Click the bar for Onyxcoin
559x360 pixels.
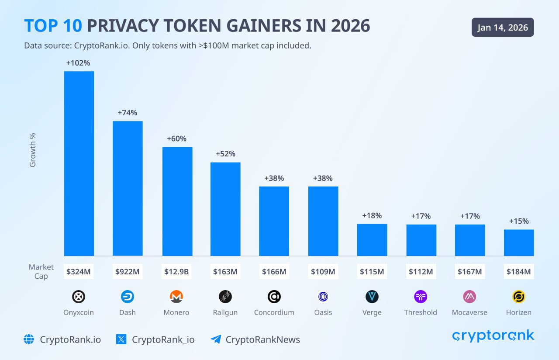pyautogui.click(x=79, y=163)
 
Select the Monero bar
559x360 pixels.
pyautogui.click(x=177, y=201)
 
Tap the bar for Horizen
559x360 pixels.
pyautogui.click(x=519, y=242)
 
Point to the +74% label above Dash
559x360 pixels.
pyautogui.click(x=128, y=113)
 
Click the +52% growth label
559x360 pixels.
pyautogui.click(x=225, y=154)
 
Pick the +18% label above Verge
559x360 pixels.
pyautogui.click(x=372, y=215)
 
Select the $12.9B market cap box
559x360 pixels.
pyautogui.click(x=176, y=272)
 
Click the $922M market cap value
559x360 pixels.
pyautogui.click(x=128, y=272)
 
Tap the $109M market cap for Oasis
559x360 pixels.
pyautogui.click(x=323, y=272)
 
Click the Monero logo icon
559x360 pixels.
pyautogui.click(x=176, y=297)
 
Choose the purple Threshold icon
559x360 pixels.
pyautogui.click(x=421, y=297)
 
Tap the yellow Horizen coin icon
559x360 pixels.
pyautogui.click(x=519, y=297)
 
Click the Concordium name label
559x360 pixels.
pyautogui.click(x=274, y=312)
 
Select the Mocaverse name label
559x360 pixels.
pyautogui.click(x=469, y=312)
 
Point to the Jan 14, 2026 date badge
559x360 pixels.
pyautogui.click(x=503, y=28)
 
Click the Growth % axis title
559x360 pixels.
pyautogui.click(x=33, y=150)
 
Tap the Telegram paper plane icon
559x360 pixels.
pyautogui.click(x=216, y=339)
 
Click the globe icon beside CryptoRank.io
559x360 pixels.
pyautogui.click(x=29, y=339)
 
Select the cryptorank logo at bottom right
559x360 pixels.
pyautogui.click(x=493, y=336)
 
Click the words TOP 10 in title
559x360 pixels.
pyautogui.click(x=53, y=26)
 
